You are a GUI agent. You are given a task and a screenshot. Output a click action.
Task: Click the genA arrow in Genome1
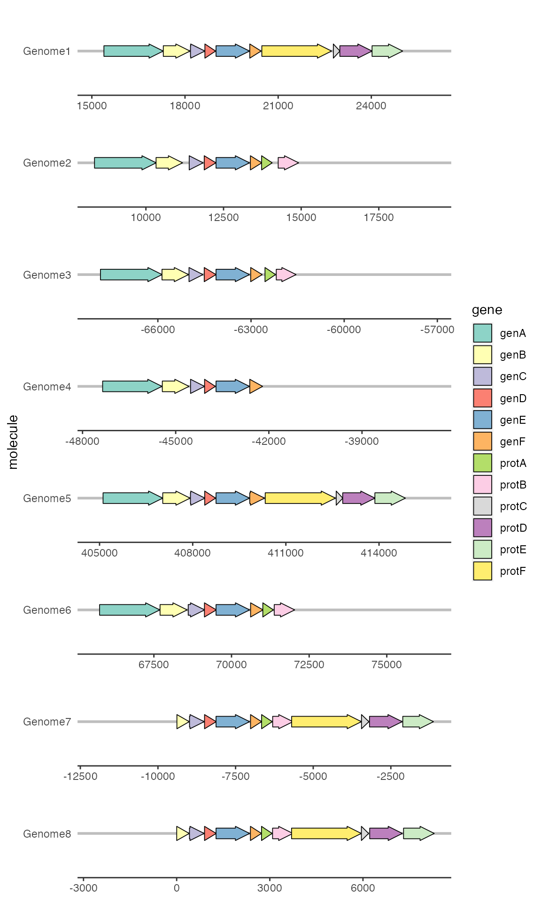pos(133,51)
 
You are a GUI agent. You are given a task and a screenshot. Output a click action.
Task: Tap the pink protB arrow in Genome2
pos(288,163)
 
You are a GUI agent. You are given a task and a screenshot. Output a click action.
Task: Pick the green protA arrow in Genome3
pos(270,275)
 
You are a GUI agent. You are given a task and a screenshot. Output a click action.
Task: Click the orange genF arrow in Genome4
pos(256,386)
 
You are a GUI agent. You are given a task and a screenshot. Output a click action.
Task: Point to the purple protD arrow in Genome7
pos(386,721)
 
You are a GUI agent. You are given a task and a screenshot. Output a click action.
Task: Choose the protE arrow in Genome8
pos(419,833)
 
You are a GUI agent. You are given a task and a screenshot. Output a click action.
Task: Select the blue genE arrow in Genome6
pos(233,610)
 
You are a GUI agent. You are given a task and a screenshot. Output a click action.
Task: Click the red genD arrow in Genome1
pos(210,51)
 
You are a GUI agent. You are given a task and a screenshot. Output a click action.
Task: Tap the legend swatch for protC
pos(482,506)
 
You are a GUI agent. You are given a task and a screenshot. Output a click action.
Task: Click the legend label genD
pos(513,398)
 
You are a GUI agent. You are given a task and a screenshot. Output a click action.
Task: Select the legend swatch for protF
pos(482,571)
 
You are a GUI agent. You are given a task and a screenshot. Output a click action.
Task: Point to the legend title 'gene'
pos(487,310)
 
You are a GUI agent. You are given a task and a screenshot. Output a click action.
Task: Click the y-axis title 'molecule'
pos(13,442)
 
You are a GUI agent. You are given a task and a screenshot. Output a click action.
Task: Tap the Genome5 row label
pos(47,498)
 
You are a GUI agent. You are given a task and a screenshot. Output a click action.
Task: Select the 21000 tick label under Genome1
pos(278,106)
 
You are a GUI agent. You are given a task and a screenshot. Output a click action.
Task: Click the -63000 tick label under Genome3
pos(251,329)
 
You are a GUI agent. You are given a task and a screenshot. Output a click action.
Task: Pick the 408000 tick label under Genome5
pos(193,553)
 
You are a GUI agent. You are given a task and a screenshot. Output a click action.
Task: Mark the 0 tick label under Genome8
pos(177,888)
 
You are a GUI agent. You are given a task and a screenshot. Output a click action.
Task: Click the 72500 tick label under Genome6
pos(309,664)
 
